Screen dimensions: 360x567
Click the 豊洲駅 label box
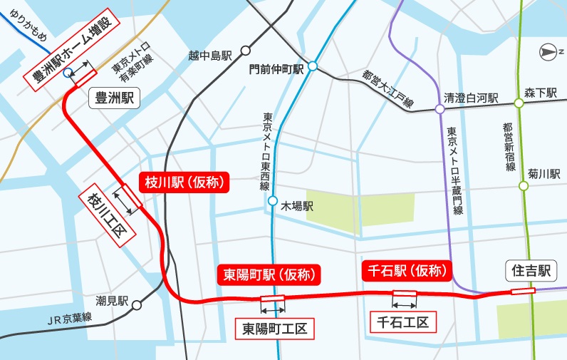point(115,98)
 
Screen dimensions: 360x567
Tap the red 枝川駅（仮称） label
point(184,182)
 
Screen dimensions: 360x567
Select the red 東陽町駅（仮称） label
point(269,274)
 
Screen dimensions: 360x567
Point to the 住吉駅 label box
point(530,270)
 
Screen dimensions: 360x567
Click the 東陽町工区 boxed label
point(274,329)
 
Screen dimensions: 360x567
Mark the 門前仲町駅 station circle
point(312,66)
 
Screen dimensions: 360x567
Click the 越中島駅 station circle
point(246,51)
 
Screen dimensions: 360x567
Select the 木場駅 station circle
point(273,201)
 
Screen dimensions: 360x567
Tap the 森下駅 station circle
point(519,103)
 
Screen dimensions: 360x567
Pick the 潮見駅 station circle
point(136,304)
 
